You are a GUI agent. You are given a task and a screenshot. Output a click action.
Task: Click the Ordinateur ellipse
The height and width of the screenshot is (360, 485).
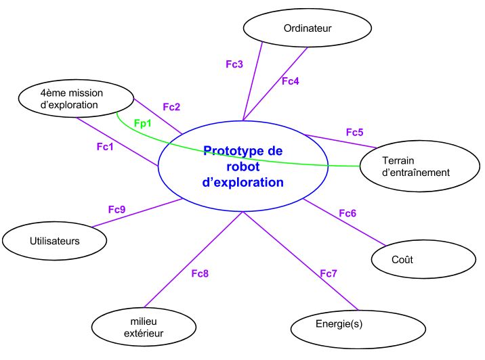click(307, 28)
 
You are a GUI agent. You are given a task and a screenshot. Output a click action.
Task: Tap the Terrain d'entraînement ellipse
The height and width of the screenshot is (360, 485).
click(416, 166)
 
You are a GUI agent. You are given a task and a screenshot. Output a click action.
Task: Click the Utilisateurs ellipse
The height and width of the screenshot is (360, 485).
click(55, 240)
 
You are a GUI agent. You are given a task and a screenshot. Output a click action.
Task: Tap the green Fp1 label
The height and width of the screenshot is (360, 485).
click(143, 124)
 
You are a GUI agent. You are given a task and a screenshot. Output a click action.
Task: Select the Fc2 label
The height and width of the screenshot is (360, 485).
click(171, 107)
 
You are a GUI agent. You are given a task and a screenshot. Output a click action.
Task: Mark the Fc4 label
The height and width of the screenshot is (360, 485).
click(290, 81)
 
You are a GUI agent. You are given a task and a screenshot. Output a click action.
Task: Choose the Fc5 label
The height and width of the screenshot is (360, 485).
click(355, 132)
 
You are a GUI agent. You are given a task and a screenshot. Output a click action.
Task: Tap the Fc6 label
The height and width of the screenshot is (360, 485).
click(347, 213)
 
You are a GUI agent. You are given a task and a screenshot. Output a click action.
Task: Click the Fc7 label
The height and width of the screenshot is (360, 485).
click(329, 273)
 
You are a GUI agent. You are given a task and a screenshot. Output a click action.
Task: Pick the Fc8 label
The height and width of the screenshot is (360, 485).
click(200, 273)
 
